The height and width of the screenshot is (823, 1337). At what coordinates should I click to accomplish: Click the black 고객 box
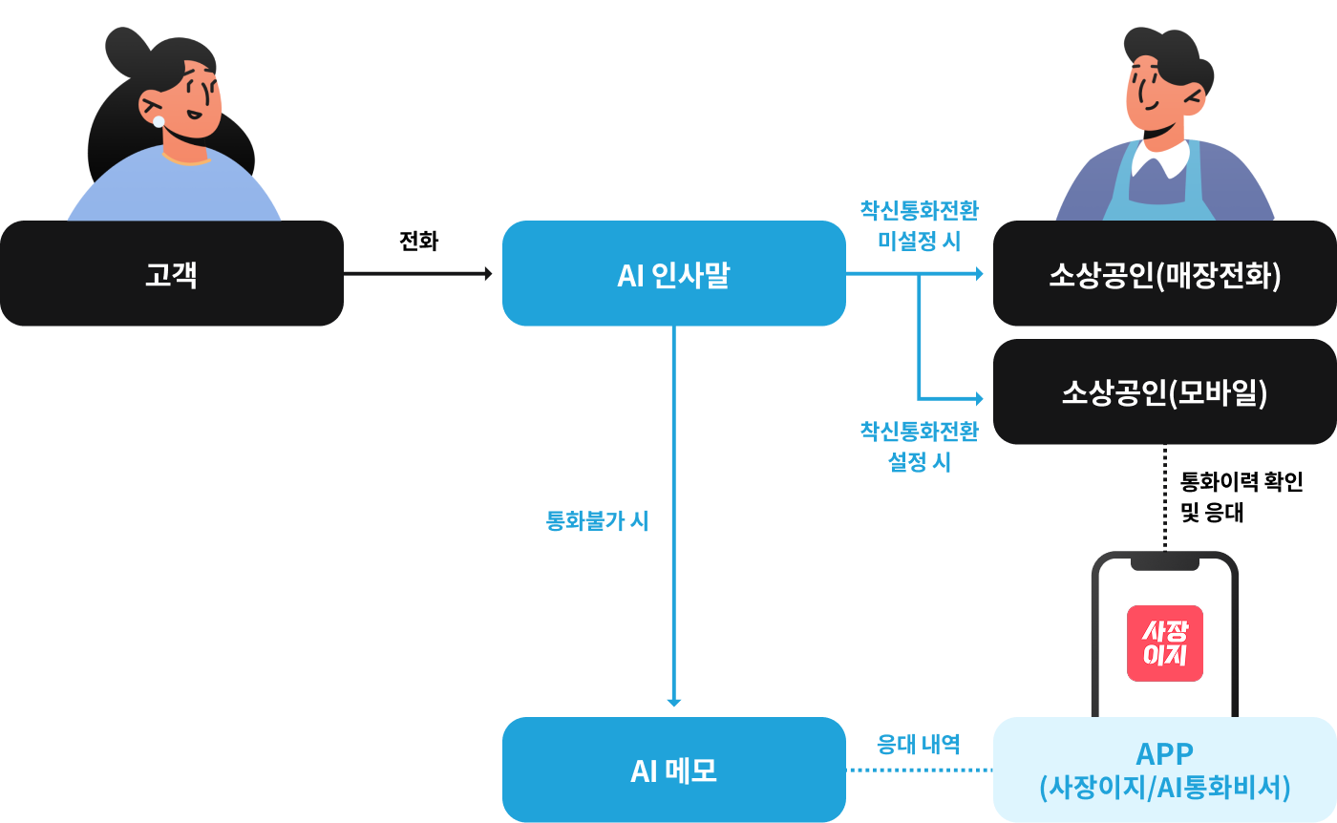[x=172, y=274]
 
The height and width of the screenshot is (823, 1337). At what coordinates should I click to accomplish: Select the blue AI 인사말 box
[x=673, y=274]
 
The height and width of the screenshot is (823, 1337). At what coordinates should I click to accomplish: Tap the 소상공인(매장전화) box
[x=1164, y=274]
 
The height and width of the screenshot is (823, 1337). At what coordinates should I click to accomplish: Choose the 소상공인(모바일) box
[x=1164, y=391]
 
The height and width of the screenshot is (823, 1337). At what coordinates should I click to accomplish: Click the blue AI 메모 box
[x=673, y=770]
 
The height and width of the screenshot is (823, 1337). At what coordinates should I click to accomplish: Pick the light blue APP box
[x=1164, y=770]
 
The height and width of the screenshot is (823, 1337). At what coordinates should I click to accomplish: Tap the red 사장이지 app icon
[x=1164, y=644]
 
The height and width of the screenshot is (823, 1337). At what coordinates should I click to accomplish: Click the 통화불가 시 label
[x=597, y=521]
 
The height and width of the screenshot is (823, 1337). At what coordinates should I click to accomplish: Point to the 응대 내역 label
[x=918, y=744]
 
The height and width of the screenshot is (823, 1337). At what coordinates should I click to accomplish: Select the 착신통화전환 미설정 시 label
[x=919, y=225]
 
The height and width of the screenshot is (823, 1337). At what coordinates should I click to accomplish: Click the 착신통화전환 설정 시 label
[x=919, y=447]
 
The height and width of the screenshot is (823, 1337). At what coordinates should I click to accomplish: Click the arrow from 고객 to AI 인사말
[x=417, y=274]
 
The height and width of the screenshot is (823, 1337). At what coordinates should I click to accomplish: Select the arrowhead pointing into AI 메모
[x=674, y=703]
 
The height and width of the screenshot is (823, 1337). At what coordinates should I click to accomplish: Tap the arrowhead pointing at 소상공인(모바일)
[x=977, y=397]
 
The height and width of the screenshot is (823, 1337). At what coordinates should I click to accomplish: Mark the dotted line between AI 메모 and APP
[x=919, y=770]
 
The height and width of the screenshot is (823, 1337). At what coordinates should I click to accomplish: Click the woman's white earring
[x=159, y=121]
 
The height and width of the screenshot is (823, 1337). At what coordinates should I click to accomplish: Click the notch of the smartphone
[x=1164, y=563]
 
